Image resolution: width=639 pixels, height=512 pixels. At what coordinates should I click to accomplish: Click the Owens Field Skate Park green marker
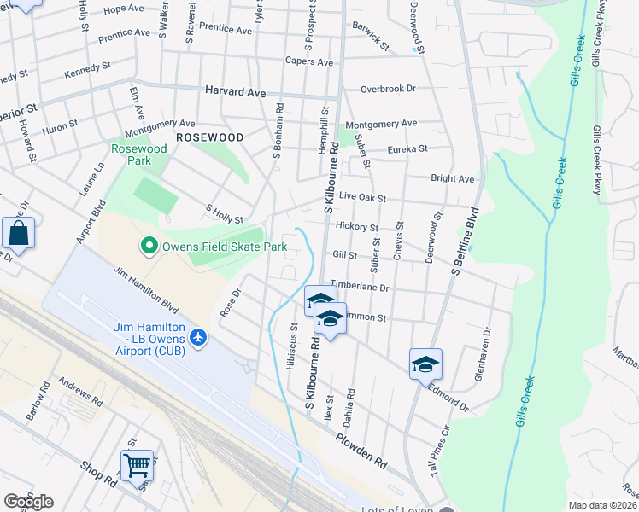tap(149, 247)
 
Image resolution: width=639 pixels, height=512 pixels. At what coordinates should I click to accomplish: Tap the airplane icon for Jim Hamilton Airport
tap(199, 338)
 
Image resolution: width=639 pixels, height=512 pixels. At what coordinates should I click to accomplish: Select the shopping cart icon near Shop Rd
tap(137, 467)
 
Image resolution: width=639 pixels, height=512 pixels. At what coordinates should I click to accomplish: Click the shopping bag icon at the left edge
tap(18, 234)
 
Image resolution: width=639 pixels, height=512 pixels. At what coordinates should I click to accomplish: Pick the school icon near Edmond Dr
tap(425, 364)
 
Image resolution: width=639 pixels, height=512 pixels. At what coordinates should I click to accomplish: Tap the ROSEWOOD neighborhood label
tap(209, 137)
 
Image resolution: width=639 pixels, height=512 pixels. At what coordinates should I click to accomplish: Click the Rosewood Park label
tap(139, 154)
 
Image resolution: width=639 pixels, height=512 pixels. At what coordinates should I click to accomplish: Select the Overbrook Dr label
tap(387, 88)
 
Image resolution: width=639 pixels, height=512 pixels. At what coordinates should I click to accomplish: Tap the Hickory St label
tap(357, 228)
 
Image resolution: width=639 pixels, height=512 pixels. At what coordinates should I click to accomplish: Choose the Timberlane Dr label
tap(359, 288)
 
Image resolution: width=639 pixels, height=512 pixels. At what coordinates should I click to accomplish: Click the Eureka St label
tap(407, 148)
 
